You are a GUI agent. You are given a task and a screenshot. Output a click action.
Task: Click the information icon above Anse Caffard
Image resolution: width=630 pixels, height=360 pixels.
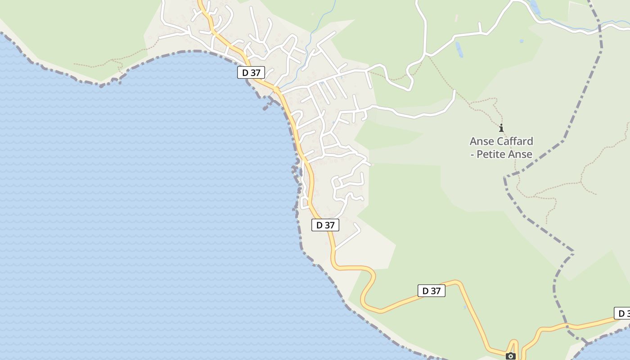coord(501,128)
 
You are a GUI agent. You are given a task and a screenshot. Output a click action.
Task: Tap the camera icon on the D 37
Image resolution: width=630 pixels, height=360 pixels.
coord(511,356)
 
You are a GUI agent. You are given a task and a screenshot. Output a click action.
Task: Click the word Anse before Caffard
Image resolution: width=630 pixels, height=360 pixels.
coord(481,141)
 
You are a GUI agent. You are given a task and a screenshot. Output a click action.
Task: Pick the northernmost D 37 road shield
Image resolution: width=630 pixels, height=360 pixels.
coord(251,72)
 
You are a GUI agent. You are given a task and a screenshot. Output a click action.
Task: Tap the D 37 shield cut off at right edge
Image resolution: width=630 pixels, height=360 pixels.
coord(622,313)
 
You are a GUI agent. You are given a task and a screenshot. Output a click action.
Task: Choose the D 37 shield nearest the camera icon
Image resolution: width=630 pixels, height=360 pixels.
coord(432,291)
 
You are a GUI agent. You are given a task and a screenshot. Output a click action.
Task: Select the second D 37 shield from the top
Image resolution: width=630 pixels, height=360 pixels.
coord(325,225)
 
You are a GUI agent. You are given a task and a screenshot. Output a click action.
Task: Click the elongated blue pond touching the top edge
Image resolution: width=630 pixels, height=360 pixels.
coord(535,7)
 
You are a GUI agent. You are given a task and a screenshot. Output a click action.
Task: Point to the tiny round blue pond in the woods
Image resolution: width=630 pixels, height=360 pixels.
coord(522,41)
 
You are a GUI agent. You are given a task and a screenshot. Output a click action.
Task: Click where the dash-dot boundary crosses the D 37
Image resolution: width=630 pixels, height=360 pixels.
coord(567,325)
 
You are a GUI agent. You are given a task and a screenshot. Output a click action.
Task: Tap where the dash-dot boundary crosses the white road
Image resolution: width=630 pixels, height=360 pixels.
coord(600,28)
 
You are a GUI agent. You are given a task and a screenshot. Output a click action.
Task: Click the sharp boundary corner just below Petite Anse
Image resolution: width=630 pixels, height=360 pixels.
coord(505,177)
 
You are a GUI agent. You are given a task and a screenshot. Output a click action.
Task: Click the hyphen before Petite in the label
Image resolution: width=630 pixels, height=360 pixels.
coord(472,155)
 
